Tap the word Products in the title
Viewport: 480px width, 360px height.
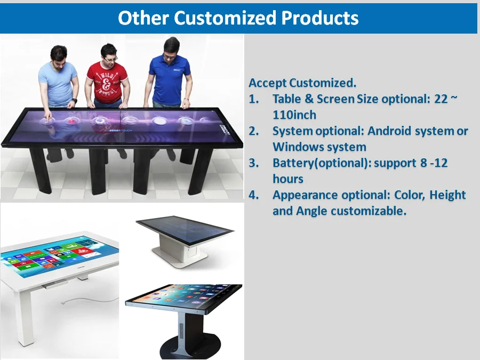pos(320,18)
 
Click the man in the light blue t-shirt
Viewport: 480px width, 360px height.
pos(58,80)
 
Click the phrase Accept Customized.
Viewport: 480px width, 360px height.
pos(302,83)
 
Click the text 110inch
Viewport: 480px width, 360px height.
pos(294,115)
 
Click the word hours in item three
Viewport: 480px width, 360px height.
pos(287,179)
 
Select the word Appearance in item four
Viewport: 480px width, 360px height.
pos(305,195)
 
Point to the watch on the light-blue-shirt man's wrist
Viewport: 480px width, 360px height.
pos(75,100)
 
